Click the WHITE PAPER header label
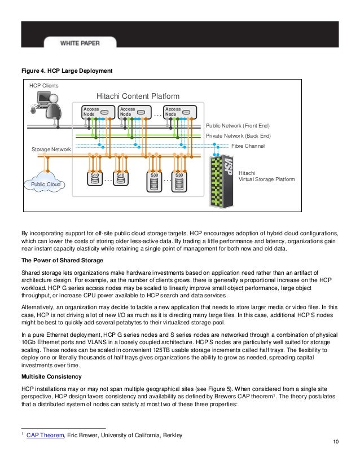(83, 43)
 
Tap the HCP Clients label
(43, 86)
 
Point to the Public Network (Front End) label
(238, 126)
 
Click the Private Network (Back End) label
(238, 136)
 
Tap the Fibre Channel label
(248, 145)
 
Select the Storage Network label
(51, 150)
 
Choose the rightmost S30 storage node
(179, 179)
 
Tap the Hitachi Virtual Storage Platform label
(266, 176)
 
